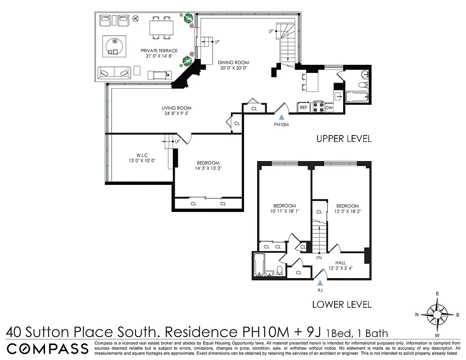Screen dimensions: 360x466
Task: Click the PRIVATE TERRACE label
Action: coord(158,51)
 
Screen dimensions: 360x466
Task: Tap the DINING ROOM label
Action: coord(234,63)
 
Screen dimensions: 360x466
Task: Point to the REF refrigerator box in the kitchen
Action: coord(303,108)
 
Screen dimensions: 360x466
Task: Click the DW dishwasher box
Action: coord(329,108)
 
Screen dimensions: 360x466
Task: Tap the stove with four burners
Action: coord(318,107)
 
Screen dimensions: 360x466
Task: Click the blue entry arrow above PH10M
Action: coord(281,117)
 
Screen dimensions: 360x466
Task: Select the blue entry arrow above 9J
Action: coord(320,283)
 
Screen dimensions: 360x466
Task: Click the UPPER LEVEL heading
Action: coord(344,139)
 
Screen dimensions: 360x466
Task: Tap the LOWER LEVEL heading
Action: coord(342,305)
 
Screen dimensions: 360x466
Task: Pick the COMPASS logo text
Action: coord(47,348)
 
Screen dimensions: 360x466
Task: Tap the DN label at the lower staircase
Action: coord(318,258)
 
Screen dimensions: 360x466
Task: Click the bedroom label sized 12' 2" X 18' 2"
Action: coord(347,206)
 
